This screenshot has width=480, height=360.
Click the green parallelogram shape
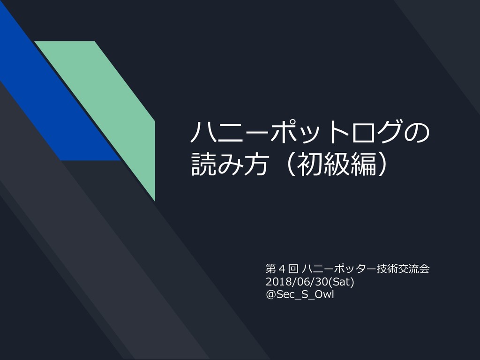pos(108,108)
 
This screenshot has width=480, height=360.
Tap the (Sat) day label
pos(342,282)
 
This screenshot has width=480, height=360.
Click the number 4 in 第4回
pos(282,270)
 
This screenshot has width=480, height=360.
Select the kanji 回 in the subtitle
pos(293,270)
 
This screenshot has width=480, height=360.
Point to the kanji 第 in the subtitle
pos(271,270)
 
